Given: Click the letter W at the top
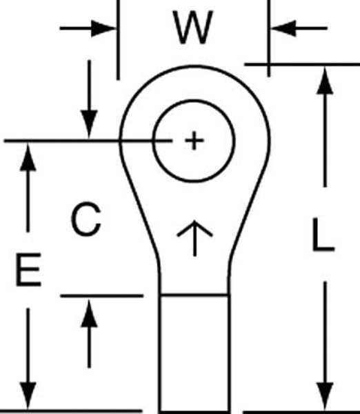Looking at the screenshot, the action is [193, 27].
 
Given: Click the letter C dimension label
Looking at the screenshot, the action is [86, 219].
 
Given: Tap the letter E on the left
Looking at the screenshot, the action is [29, 269].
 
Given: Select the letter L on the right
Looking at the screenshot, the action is [323, 235].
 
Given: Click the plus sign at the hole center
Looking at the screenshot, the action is [194, 141].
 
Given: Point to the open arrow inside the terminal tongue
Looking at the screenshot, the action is [194, 238].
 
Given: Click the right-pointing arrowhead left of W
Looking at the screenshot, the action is [103, 28].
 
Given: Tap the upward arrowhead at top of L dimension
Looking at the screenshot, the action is [325, 81].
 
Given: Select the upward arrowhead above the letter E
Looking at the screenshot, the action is [28, 157].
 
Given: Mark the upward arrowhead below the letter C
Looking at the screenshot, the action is [89, 313].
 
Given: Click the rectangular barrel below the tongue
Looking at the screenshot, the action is [194, 353].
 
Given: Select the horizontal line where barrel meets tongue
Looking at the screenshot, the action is [194, 295].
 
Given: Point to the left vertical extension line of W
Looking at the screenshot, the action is [118, 40].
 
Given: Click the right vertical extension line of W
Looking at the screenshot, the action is [269, 39].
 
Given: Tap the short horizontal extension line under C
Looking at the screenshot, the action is [102, 296].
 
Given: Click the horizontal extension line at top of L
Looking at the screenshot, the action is [302, 64].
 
